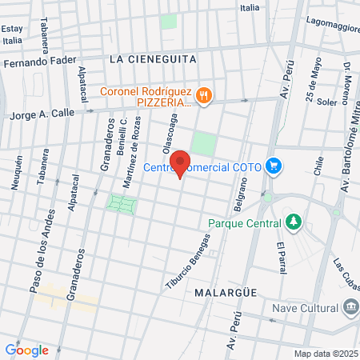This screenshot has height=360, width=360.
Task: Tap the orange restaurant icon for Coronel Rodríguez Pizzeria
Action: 205,95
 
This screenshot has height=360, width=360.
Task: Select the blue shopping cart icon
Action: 274,166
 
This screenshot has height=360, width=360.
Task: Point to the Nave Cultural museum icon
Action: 350,308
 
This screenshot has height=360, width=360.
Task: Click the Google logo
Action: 26,350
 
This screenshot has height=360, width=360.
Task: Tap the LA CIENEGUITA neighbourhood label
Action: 151,58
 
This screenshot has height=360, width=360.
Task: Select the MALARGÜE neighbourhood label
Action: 225,293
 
